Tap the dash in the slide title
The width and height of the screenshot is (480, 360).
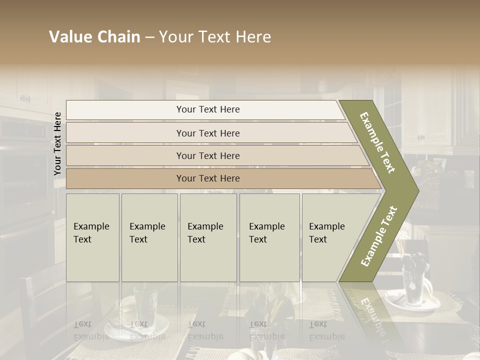[x=149, y=37]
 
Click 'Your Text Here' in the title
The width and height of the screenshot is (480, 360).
[x=215, y=37]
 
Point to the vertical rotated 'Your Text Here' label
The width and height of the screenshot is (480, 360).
[x=57, y=143]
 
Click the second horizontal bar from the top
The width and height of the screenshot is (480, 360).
[x=207, y=133]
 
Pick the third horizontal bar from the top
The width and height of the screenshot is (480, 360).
[x=207, y=155]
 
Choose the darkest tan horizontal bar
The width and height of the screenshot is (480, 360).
[x=207, y=178]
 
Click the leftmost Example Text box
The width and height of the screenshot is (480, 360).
[x=92, y=237]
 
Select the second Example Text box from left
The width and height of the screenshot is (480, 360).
[x=149, y=237]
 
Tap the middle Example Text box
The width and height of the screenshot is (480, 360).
[x=208, y=237]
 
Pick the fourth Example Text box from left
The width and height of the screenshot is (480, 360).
[x=269, y=237]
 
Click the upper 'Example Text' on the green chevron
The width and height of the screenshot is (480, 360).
[x=377, y=142]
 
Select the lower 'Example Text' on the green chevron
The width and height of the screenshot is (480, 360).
[x=378, y=236]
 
